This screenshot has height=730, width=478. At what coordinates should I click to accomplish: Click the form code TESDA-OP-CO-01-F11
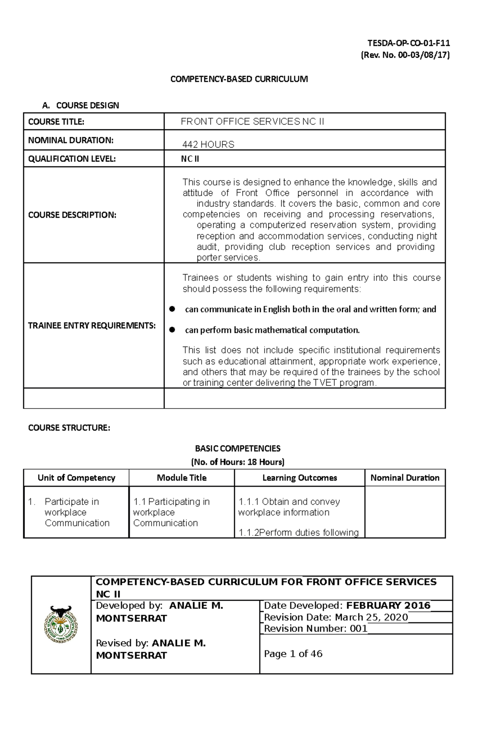[408, 43]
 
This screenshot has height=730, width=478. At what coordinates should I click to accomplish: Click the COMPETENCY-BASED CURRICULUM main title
[239, 79]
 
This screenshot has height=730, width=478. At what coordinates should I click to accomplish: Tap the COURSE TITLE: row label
[56, 122]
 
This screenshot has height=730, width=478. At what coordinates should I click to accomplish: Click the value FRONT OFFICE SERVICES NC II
[252, 122]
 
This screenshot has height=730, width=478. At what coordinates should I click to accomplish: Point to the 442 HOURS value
[208, 144]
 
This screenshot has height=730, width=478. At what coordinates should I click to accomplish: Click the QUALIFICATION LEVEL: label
[72, 159]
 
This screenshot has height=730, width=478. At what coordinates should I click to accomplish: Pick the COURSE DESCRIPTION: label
[72, 215]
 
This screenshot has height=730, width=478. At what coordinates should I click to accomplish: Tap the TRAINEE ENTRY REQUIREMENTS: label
[92, 326]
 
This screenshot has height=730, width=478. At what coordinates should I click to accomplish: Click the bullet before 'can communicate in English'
[172, 309]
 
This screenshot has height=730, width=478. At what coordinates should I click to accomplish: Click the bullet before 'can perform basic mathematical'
[172, 330]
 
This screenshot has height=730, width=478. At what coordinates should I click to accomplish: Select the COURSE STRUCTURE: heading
[69, 428]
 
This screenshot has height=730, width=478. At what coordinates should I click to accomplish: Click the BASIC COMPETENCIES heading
[237, 448]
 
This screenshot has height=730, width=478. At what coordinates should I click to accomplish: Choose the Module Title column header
[182, 478]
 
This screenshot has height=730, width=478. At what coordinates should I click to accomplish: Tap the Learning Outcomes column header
[300, 478]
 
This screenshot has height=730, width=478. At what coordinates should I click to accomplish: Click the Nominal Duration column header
[405, 478]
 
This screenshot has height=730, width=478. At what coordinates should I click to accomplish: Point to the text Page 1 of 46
[293, 654]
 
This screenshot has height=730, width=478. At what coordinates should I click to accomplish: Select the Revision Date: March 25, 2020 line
[336, 617]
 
